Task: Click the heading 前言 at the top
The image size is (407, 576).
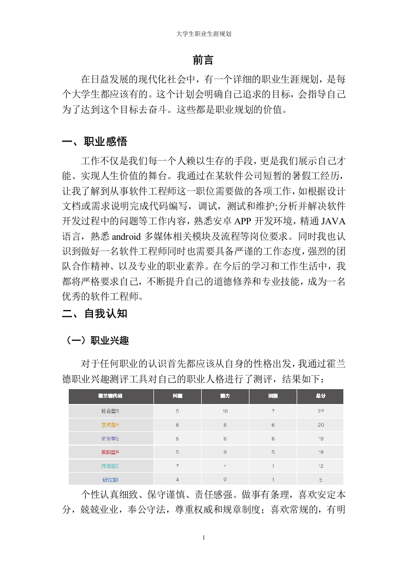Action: point(203,60)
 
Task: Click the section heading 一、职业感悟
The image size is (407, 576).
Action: point(94,142)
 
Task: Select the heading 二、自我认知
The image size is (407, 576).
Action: point(94,313)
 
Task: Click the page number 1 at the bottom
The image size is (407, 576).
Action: point(204,537)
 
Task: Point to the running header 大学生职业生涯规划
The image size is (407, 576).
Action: point(203,34)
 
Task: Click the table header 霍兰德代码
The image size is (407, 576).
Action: point(111,397)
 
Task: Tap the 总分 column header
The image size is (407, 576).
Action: point(320,397)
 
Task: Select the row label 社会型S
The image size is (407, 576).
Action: point(110,411)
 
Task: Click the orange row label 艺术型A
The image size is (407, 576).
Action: point(110,425)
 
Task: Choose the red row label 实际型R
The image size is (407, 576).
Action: point(110,452)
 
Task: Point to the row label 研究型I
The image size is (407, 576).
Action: point(110,479)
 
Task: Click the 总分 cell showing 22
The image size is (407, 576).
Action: point(320,411)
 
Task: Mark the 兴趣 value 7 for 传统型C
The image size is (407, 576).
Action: point(177,466)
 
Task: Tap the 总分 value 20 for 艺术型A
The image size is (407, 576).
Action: point(320,425)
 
